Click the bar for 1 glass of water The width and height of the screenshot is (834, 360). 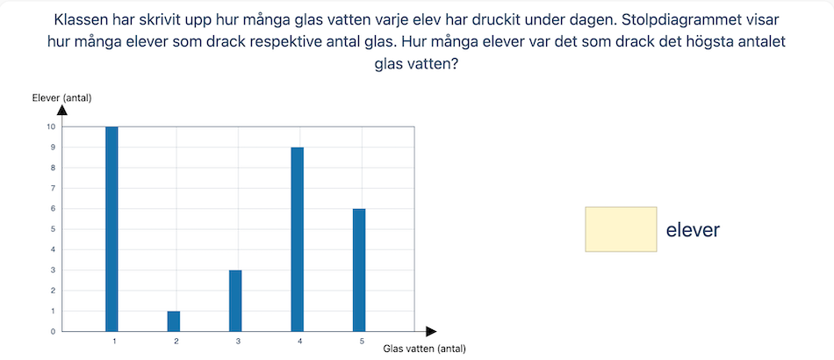(x=111, y=229)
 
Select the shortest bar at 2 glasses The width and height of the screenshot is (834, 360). (x=174, y=321)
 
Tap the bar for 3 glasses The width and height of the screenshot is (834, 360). (x=235, y=301)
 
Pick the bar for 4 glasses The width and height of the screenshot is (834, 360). (x=298, y=240)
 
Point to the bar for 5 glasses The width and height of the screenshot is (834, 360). (x=359, y=270)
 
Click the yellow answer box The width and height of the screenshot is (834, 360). (x=621, y=229)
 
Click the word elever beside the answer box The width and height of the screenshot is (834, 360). (x=693, y=230)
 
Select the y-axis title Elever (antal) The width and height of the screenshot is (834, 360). (x=62, y=97)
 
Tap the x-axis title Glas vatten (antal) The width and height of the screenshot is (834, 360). (x=424, y=349)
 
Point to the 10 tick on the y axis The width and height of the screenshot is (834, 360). (x=51, y=126)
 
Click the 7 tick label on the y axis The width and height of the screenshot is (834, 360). (x=53, y=188)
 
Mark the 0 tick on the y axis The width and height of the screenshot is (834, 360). (x=53, y=332)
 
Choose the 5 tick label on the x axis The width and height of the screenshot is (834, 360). (x=362, y=342)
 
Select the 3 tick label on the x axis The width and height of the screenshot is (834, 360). (x=238, y=342)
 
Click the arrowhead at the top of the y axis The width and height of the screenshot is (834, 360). (x=62, y=110)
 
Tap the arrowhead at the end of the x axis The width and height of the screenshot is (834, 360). (x=431, y=332)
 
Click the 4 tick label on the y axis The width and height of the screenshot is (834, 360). (x=53, y=250)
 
